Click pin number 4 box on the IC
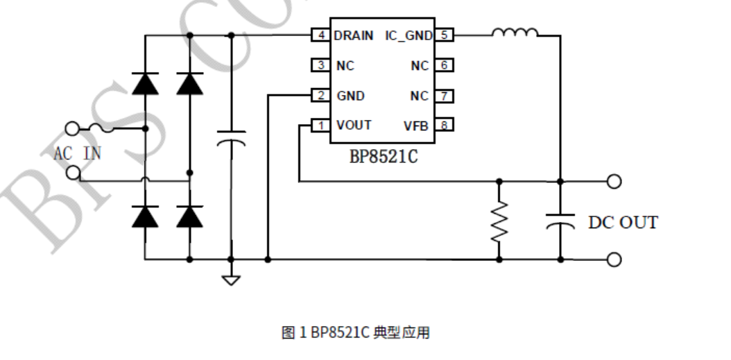(320, 35)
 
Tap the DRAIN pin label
(354, 35)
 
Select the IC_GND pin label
(409, 35)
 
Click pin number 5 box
(444, 35)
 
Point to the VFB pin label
(416, 126)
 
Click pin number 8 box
(444, 126)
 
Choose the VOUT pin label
(354, 125)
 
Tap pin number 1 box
(320, 126)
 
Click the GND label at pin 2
(350, 96)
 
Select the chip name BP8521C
(383, 156)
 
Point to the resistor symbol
(499, 221)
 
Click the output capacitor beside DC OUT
(560, 221)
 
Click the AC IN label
(77, 153)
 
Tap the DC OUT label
(623, 223)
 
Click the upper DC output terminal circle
(613, 182)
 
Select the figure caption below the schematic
(355, 333)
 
